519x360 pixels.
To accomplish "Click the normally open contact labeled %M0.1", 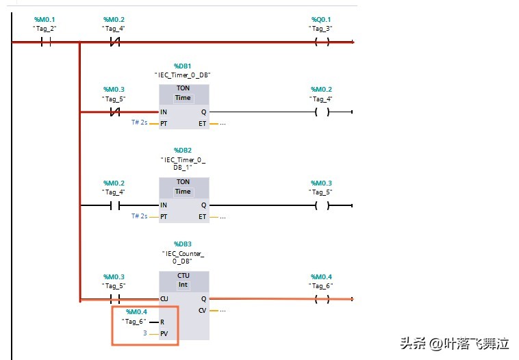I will coord(46,42).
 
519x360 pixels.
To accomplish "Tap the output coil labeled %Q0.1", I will coord(322,42).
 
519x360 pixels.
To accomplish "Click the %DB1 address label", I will coord(183,66).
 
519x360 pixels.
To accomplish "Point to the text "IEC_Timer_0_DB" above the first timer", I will coord(183,75).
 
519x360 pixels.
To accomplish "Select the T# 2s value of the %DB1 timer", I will coord(140,123).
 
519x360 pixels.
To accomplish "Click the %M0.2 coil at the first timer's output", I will coord(322,112).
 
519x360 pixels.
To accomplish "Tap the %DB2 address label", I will coord(183,150).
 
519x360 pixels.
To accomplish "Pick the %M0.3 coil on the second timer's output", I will coord(322,205).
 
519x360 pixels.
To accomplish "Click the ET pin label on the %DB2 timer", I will coord(202,217).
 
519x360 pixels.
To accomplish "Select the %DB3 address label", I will coord(183,244).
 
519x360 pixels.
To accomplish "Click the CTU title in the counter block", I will coord(183,275).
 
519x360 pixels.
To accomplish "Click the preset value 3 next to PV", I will coord(144,333).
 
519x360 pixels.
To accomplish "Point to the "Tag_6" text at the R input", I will coord(134,322).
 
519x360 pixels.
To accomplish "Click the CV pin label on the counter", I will coord(202,311).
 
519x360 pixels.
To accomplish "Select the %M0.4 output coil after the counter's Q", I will coord(322,299).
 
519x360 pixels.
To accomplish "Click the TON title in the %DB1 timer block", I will coord(183,88).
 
